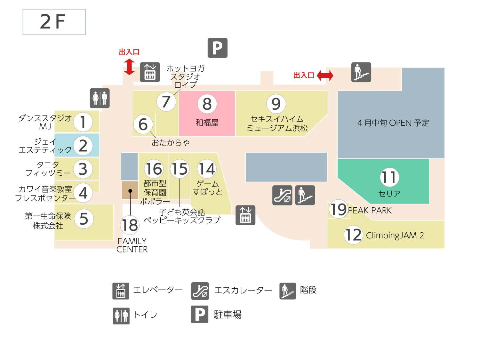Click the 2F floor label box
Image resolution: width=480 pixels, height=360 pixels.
[54, 22]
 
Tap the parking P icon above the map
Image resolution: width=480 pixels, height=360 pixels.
[217, 48]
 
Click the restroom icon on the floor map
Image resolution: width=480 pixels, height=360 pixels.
[100, 98]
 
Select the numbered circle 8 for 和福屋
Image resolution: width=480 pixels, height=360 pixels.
[207, 104]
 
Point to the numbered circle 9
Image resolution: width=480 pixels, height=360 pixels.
[276, 104]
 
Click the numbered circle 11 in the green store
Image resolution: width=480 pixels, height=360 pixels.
[389, 177]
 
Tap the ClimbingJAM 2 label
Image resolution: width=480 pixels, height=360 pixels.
[395, 236]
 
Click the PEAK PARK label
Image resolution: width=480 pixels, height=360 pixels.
[370, 211]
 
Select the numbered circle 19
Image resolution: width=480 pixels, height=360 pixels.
[338, 210]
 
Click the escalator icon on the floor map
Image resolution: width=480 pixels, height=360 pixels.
[282, 195]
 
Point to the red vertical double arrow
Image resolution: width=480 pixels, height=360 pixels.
[129, 67]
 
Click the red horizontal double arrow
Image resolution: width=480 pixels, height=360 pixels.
[325, 76]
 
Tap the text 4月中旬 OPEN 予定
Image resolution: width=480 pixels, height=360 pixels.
[393, 123]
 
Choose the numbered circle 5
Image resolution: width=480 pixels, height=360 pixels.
[84, 219]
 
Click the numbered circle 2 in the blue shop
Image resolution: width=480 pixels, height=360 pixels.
[83, 146]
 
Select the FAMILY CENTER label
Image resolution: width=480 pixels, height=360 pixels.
[132, 245]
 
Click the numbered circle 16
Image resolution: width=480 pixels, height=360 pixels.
[154, 169]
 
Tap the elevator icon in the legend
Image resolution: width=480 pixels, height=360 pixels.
[121, 291]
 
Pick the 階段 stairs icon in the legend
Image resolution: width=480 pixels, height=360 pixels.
[288, 291]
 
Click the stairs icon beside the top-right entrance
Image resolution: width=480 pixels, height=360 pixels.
[361, 72]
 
